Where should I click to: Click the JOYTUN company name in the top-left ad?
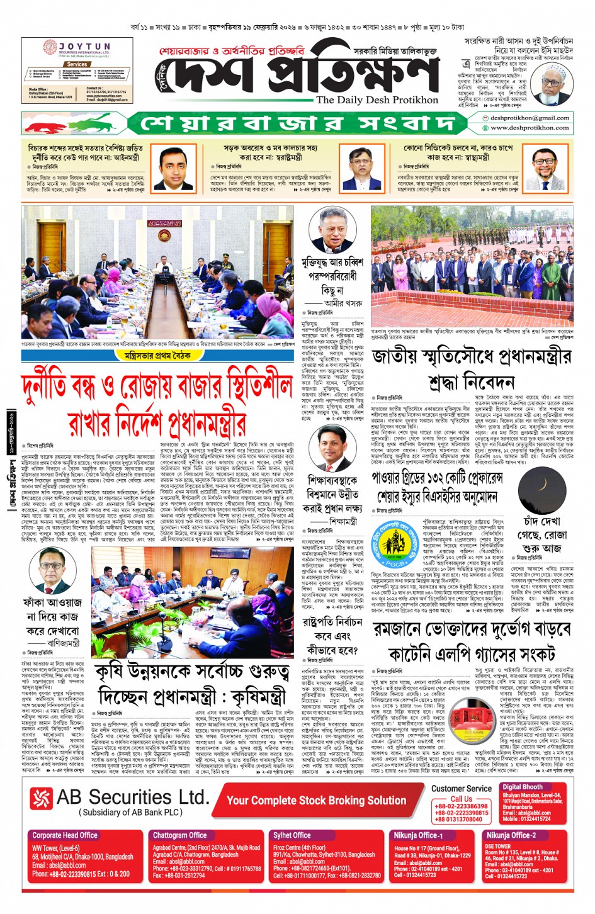click(x=84, y=47)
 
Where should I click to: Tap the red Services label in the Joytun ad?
click(x=77, y=64)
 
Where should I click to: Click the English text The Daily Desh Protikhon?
click(x=377, y=99)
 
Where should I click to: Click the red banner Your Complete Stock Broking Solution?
click(x=316, y=800)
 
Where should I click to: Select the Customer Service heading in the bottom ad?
click(x=462, y=789)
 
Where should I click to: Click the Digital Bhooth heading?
click(x=522, y=787)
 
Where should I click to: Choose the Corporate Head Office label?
click(x=65, y=835)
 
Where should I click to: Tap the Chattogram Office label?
click(x=179, y=835)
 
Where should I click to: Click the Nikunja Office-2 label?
click(x=511, y=835)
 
